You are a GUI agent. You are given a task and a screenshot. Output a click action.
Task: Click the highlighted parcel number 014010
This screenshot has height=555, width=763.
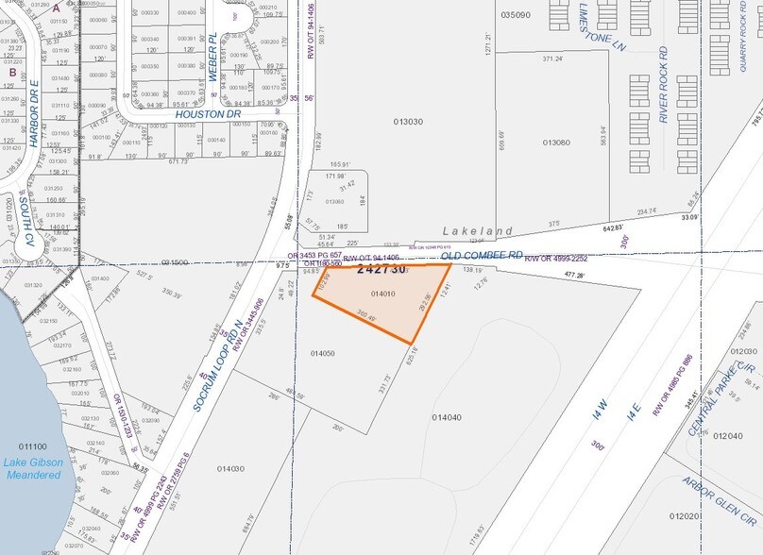383,294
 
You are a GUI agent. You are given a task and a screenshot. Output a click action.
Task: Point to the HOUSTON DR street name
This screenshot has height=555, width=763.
209,114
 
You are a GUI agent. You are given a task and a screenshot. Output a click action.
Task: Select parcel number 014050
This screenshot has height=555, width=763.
323,353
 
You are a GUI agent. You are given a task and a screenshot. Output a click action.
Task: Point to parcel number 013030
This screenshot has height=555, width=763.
408,121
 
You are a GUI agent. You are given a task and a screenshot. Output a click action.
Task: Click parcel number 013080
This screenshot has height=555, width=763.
556,143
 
